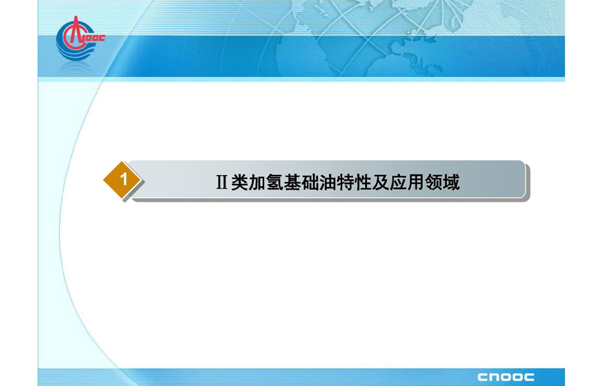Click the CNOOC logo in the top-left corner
pos(80,38)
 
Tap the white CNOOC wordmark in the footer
pos(506,377)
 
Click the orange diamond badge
pos(122,179)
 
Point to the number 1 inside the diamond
pos(124,179)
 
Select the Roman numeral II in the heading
pos(222,182)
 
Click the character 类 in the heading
pos(240,182)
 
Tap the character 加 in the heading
pos(257,182)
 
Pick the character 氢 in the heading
pos(274,182)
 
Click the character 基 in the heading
pos(292,182)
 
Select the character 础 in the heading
pos(310,182)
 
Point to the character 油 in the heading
pos(327,182)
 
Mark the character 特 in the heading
pos(345,182)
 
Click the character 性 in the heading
pos(363,182)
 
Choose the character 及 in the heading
pos(380,182)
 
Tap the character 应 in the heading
pos(397,182)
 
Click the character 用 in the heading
pos(415,182)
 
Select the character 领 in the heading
pos(433,182)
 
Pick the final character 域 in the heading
pos(451,182)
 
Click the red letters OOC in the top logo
pos(95,38)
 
